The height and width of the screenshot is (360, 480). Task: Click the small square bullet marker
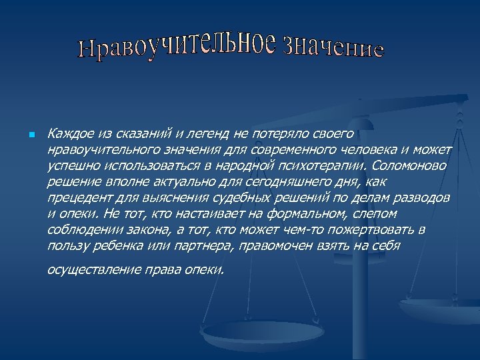coord(31,135)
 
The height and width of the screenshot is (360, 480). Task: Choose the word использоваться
coord(141,165)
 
